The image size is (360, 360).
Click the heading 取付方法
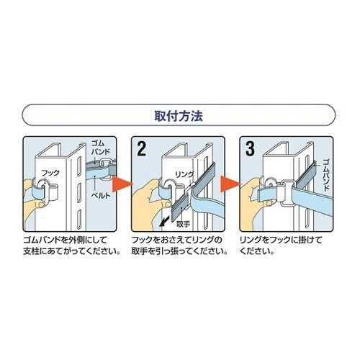(179, 116)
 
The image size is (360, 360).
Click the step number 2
(142, 149)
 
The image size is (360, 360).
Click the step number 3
(250, 148)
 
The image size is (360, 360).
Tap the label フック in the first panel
(50, 173)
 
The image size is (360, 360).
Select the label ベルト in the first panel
(101, 196)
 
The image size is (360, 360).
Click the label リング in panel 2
(184, 174)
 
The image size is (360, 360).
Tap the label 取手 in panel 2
(184, 224)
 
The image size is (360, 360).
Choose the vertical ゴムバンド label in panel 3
(325, 175)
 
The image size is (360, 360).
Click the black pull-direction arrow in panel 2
(163, 222)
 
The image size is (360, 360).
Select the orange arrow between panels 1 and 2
(122, 184)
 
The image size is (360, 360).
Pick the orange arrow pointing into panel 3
(230, 184)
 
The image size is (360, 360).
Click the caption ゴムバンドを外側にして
(65, 240)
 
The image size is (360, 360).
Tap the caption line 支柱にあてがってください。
(72, 251)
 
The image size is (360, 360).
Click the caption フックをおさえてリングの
(177, 240)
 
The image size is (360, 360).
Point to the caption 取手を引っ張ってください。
(179, 251)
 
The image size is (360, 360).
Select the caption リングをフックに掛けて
(281, 240)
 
